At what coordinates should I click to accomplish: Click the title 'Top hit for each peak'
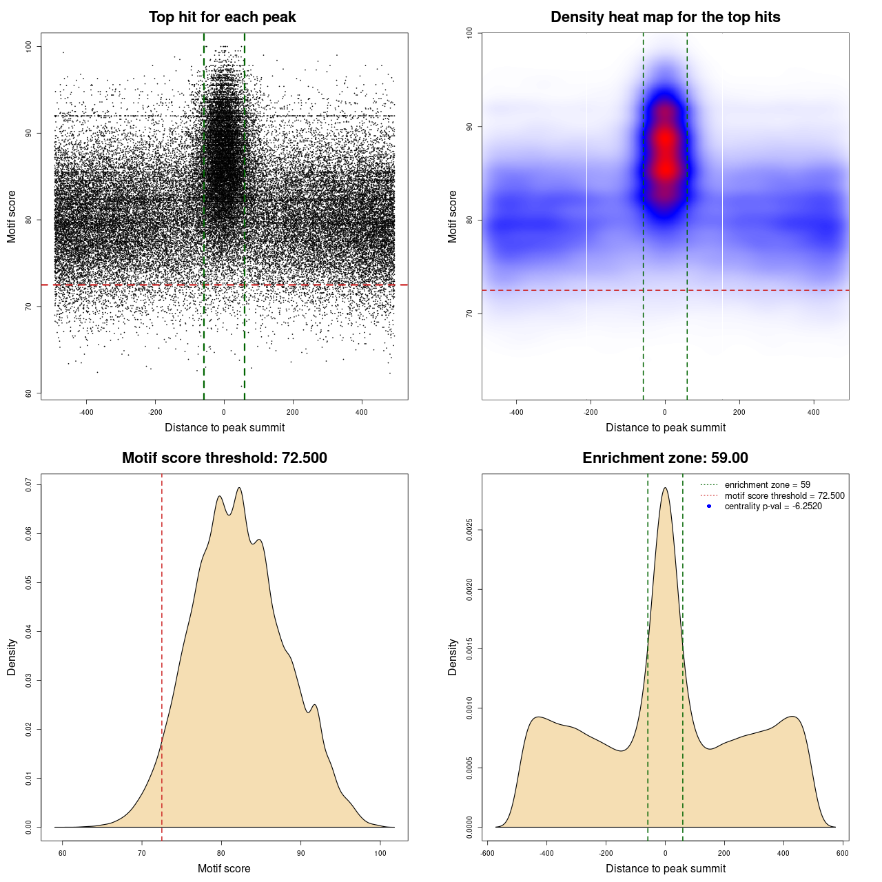(222, 17)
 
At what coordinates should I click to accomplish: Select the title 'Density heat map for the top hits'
(665, 17)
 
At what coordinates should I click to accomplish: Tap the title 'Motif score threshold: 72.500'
(224, 458)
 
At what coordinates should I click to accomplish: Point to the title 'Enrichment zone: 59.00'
(665, 458)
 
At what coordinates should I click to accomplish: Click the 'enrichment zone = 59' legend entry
(767, 485)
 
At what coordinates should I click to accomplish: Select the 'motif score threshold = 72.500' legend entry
(784, 496)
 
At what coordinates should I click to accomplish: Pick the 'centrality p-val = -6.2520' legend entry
(773, 506)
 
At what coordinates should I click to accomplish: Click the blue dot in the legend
(709, 506)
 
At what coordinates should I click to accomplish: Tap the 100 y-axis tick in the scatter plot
(29, 46)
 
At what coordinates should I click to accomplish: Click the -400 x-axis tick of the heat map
(516, 412)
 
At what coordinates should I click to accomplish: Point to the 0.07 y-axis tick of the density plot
(29, 485)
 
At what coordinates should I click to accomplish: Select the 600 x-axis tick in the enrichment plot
(843, 853)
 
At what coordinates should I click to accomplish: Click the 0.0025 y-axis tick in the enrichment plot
(470, 530)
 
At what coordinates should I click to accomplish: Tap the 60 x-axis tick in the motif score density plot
(63, 853)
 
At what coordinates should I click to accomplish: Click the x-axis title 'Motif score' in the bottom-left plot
(224, 868)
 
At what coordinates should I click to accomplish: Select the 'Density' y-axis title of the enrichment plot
(453, 657)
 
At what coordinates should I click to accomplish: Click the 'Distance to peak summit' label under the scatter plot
(225, 427)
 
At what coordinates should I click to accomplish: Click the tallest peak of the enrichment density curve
(665, 488)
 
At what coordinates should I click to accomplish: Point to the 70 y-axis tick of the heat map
(470, 314)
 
